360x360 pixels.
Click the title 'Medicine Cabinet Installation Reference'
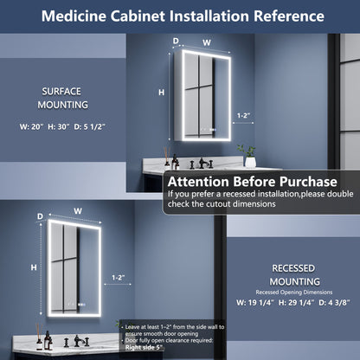180,16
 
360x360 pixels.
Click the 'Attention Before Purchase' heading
252,182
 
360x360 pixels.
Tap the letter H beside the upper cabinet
161,92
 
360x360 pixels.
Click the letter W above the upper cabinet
206,41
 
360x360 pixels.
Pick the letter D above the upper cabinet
176,41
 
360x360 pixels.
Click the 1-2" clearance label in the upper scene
246,114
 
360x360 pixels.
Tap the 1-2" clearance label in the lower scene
119,278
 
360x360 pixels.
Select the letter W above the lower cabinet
78,210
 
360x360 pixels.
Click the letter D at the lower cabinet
40,215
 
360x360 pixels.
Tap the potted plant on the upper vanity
250,154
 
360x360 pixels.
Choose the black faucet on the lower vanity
77,341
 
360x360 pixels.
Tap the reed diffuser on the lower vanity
39,336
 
